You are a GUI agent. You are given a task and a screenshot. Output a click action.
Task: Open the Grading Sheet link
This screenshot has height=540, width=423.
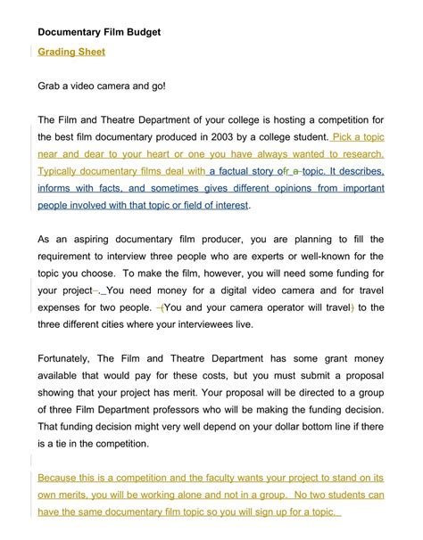tap(71, 52)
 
